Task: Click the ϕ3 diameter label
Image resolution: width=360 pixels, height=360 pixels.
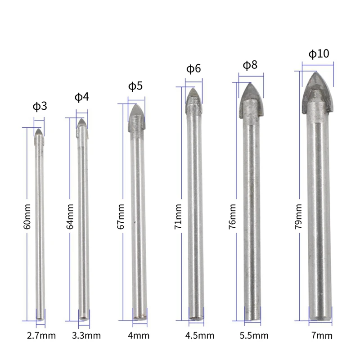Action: point(40,107)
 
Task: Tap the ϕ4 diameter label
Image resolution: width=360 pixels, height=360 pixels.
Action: point(81,97)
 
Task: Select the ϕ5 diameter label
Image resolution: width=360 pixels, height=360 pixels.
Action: point(135,85)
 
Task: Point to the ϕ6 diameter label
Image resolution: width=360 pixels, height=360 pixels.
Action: point(193,69)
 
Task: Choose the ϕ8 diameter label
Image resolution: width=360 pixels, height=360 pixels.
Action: point(250,65)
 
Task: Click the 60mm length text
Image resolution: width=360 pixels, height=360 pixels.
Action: point(27,223)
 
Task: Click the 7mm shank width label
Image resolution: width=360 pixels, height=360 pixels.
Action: point(322,335)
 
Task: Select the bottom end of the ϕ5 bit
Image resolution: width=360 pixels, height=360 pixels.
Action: point(140,316)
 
